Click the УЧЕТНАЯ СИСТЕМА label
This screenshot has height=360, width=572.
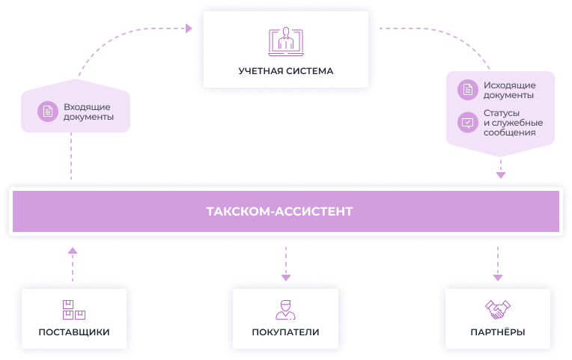[x=285, y=71]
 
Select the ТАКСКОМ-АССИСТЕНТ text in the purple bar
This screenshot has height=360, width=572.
[x=279, y=212]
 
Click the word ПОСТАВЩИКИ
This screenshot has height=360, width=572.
[x=74, y=332]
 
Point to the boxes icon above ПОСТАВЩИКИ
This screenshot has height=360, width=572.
[x=73, y=309]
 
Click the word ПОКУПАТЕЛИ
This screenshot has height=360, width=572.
[x=285, y=332]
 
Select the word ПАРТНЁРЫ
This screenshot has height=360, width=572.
[x=497, y=332]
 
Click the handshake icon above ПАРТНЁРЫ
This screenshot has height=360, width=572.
[x=498, y=308]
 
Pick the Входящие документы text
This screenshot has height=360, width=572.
[x=88, y=112]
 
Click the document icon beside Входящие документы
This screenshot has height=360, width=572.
[x=48, y=112]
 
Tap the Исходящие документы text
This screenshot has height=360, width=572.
[x=508, y=90]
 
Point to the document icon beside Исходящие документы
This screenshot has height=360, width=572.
[x=468, y=90]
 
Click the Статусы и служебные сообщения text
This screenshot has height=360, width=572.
[x=513, y=123]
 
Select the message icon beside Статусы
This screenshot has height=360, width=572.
[x=468, y=122]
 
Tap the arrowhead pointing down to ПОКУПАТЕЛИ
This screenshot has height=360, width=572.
[x=285, y=277]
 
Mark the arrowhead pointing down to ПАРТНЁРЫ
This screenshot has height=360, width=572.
[x=498, y=277]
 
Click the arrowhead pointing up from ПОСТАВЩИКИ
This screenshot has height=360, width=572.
[x=72, y=251]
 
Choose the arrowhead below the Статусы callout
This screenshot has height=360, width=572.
[x=501, y=175]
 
